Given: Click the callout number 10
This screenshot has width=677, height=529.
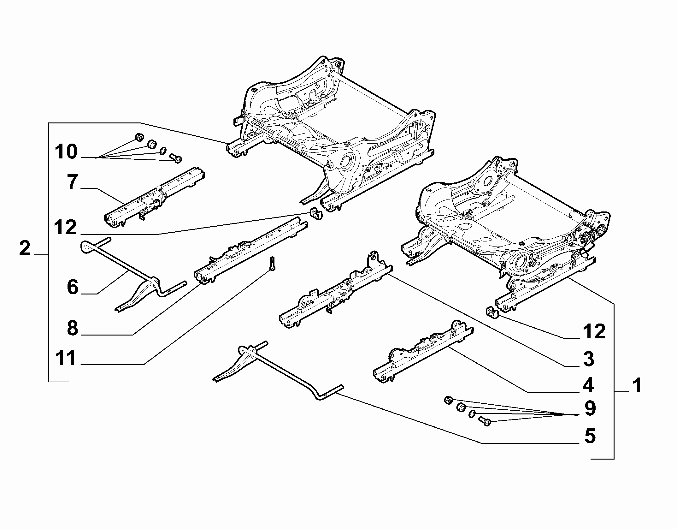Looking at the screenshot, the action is [x=66, y=152].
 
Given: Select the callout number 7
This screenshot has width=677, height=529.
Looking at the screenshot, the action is [x=72, y=182].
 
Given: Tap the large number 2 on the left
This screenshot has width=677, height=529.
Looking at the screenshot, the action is [x=25, y=248].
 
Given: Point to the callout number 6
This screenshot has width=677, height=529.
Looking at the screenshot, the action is [x=73, y=288].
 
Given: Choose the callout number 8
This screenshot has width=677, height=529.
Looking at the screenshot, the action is [x=73, y=329].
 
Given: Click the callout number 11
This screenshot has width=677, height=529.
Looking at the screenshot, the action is [x=66, y=358].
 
